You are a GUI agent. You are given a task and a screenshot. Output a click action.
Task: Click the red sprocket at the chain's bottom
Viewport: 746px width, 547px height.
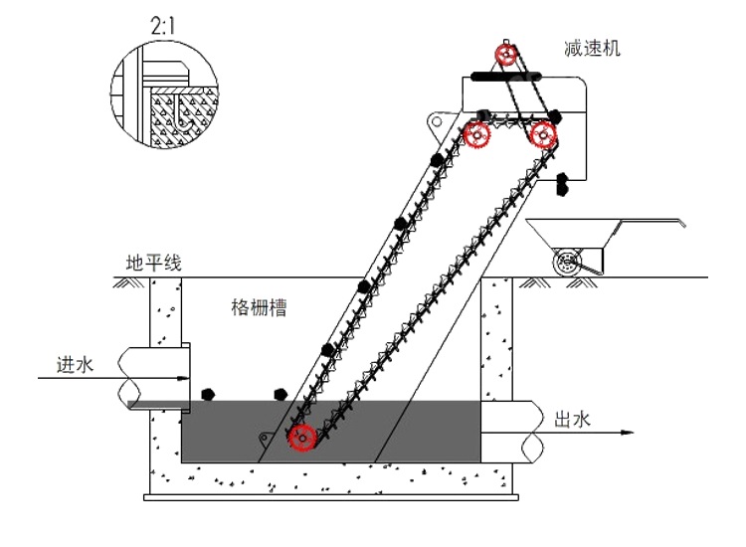pyautogui.click(x=302, y=437)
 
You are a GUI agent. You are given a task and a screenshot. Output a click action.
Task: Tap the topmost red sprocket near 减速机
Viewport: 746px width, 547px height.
pyautogui.click(x=507, y=55)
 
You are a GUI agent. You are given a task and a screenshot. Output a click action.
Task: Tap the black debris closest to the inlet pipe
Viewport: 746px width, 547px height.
pyautogui.click(x=208, y=395)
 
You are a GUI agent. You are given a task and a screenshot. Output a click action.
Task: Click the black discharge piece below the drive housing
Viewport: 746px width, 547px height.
pyautogui.click(x=562, y=182)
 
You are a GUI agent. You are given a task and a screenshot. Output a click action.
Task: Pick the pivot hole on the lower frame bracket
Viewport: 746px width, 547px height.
pyautogui.click(x=265, y=438)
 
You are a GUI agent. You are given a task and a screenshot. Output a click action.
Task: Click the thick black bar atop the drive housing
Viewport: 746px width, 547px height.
pyautogui.click(x=502, y=74)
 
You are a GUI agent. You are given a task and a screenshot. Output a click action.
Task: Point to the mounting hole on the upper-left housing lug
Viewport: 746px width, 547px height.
pyautogui.click(x=434, y=121)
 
